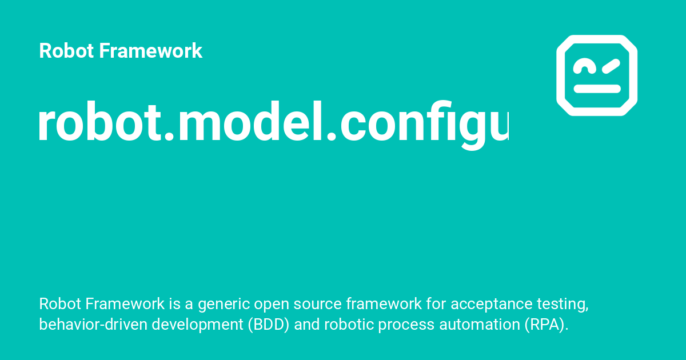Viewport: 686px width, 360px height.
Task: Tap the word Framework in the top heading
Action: [151, 51]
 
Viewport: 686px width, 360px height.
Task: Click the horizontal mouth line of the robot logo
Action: [597, 89]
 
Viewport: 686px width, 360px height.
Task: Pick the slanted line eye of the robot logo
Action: [611, 66]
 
